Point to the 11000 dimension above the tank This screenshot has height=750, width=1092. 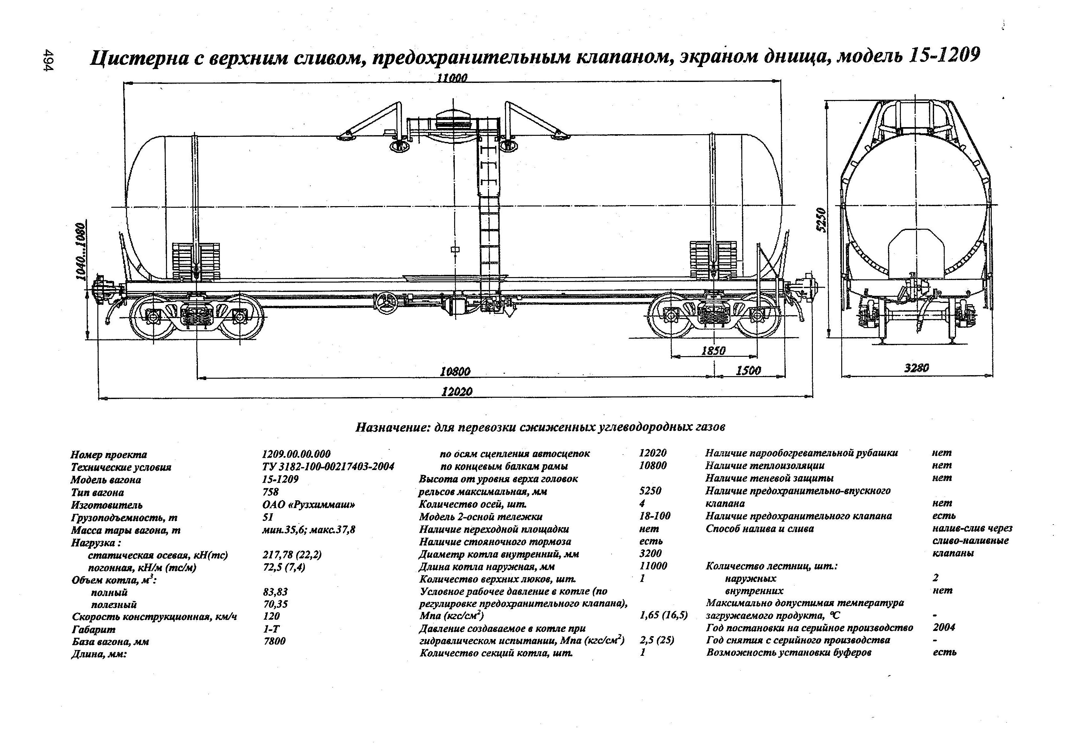452,78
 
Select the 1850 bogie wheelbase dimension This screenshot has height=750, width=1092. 713,350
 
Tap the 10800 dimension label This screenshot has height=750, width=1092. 455,372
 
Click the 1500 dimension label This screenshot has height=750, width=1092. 748,371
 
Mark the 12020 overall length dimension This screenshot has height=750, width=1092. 457,391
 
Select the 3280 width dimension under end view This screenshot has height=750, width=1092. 916,368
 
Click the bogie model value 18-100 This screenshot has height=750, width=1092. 655,516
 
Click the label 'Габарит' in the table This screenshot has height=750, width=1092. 93,629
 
